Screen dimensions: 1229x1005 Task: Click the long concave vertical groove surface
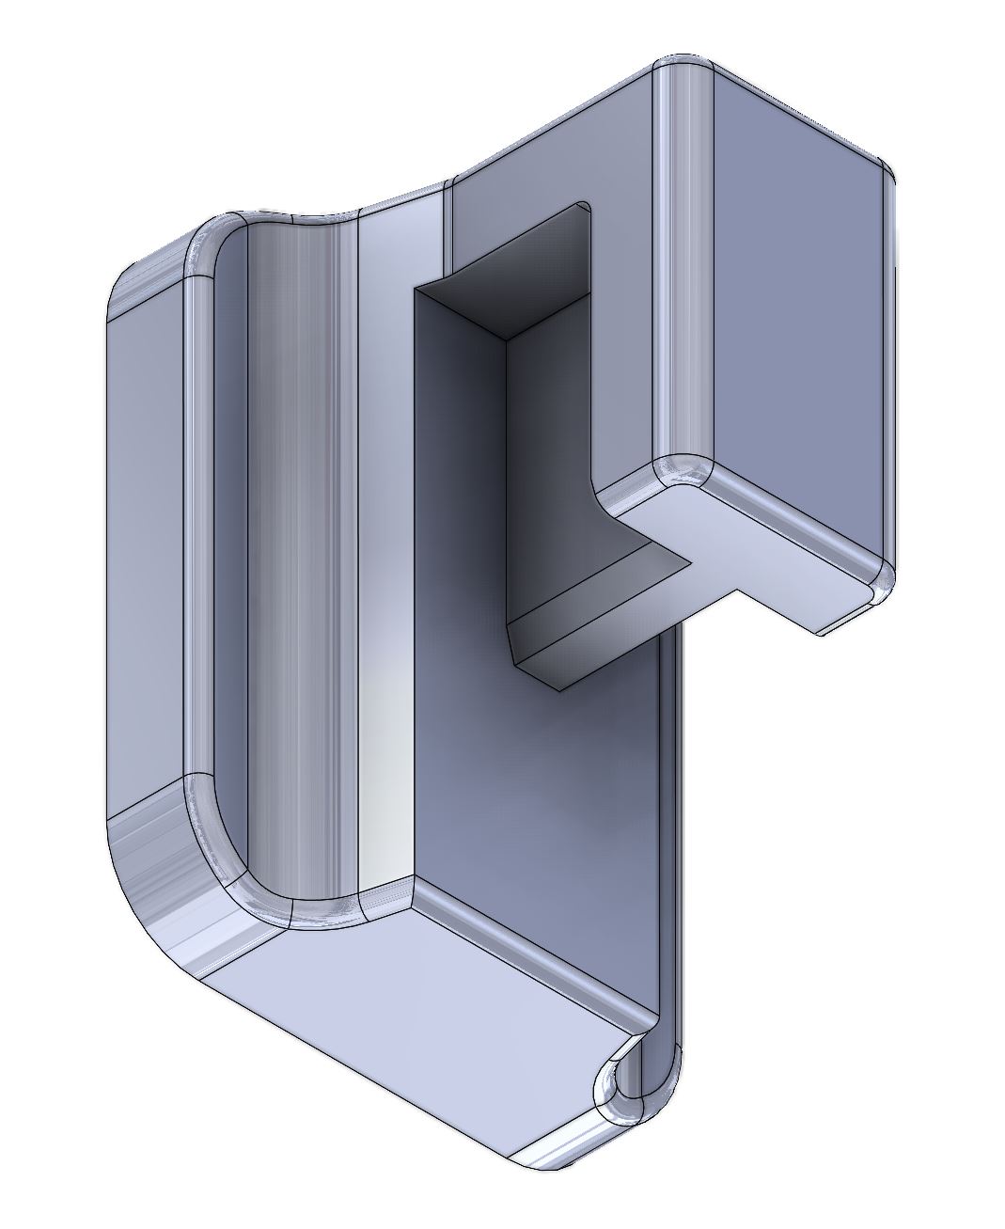[291, 564]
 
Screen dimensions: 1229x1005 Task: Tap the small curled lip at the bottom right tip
[625, 1091]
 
